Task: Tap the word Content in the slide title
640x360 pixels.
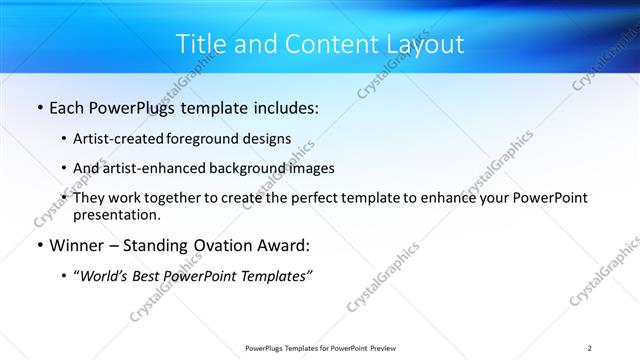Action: [x=319, y=44]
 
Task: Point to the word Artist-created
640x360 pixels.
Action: [x=121, y=139]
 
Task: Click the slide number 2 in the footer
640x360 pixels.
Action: [x=590, y=347]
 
